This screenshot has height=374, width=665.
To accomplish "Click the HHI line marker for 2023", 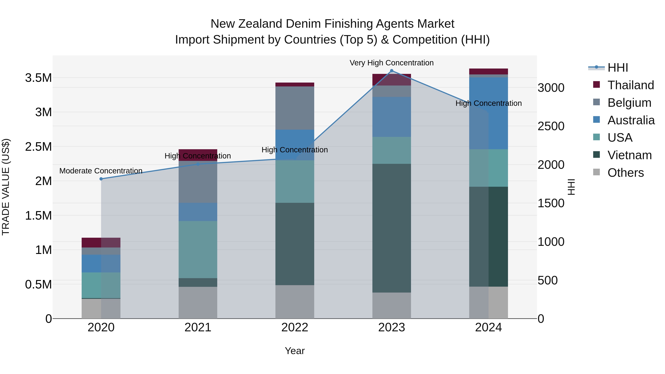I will pyautogui.click(x=391, y=71).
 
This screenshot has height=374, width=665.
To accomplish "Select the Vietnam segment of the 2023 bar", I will pyautogui.click(x=391, y=228).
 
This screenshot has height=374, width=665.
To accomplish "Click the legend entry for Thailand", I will pyautogui.click(x=630, y=85).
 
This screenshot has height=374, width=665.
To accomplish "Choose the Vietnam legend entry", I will pyautogui.click(x=629, y=155).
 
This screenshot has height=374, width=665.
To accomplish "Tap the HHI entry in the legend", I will pyautogui.click(x=618, y=68).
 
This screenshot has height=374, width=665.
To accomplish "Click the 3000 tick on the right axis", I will pyautogui.click(x=551, y=88).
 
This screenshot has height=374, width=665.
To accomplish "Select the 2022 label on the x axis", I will pyautogui.click(x=295, y=327).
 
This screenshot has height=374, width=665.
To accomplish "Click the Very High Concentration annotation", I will pyautogui.click(x=391, y=63).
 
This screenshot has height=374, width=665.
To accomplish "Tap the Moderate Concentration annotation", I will pyautogui.click(x=101, y=171).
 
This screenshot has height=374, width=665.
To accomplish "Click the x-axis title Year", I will pyautogui.click(x=295, y=351).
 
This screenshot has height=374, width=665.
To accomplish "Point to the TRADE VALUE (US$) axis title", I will pyautogui.click(x=6, y=187).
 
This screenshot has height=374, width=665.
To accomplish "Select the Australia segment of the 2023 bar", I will pyautogui.click(x=391, y=117).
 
